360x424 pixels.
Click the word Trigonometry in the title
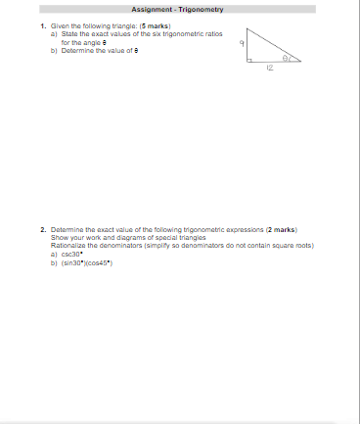click(x=202, y=9)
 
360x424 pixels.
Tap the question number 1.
click(x=42, y=24)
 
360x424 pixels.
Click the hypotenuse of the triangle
click(x=274, y=45)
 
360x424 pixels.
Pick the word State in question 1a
click(x=67, y=32)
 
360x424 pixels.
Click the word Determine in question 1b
click(x=75, y=48)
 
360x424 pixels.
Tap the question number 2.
click(x=42, y=228)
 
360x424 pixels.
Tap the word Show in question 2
click(x=59, y=236)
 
